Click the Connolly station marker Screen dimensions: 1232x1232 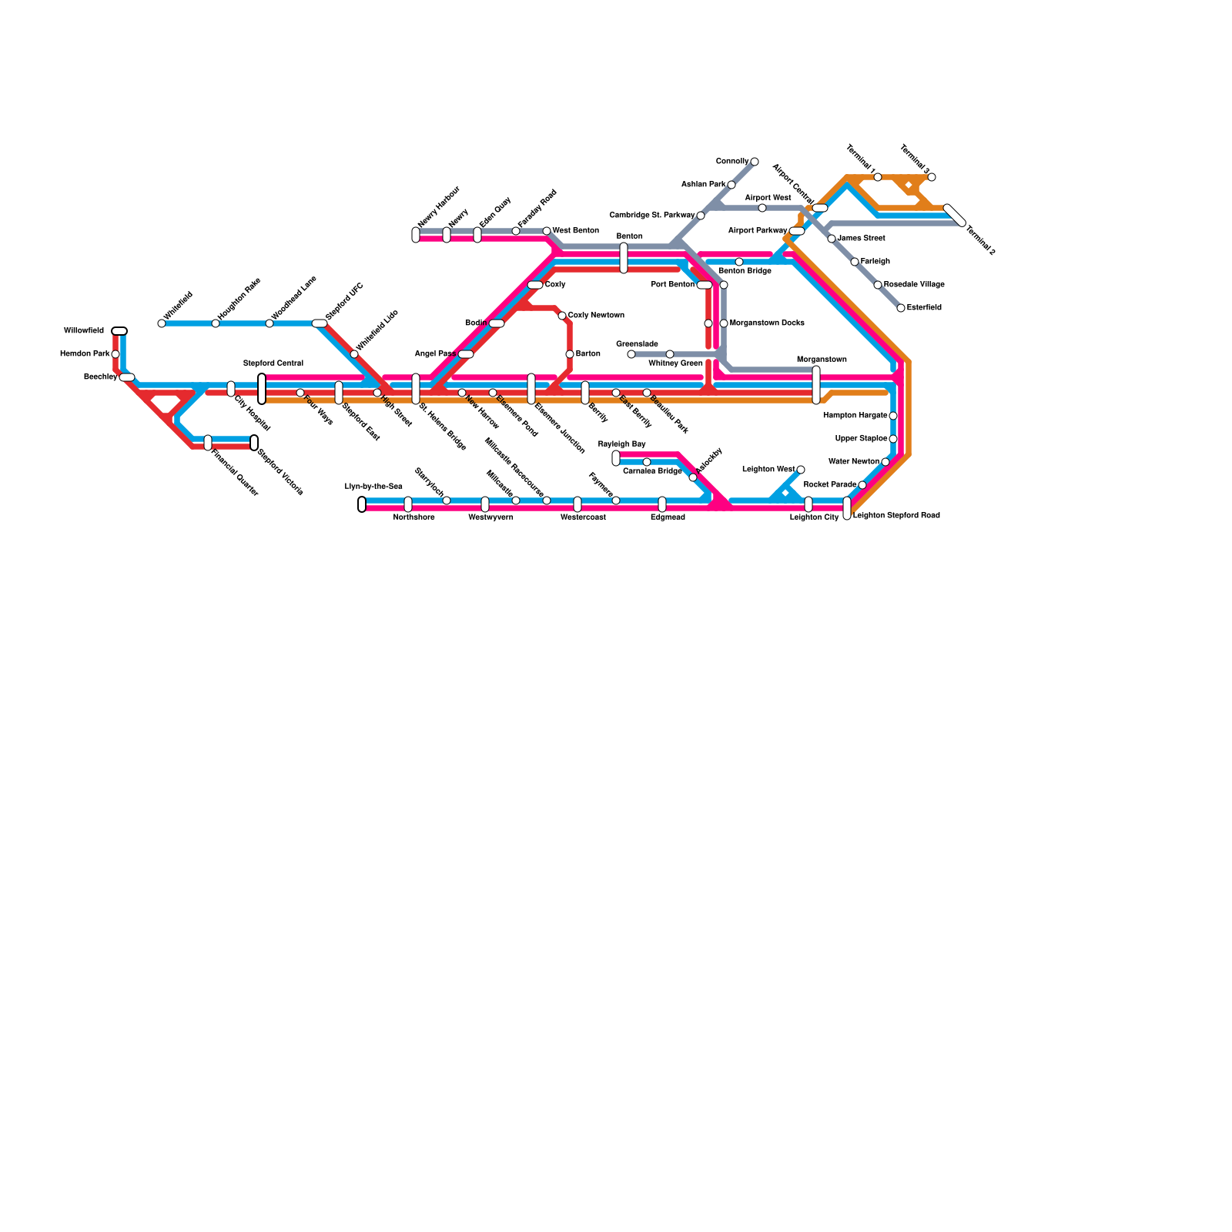[755, 162]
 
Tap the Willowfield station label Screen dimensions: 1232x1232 [84, 331]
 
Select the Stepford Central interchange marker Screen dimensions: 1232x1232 [262, 388]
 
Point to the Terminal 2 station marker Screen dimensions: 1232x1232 [955, 216]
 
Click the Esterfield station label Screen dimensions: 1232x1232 [924, 308]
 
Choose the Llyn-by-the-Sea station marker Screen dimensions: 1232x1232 [362, 504]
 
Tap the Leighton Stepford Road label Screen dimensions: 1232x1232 [896, 516]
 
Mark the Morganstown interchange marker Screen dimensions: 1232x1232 [816, 385]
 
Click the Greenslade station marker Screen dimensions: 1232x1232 [631, 354]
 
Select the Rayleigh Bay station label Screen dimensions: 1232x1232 [621, 444]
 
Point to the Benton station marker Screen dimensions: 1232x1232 [624, 258]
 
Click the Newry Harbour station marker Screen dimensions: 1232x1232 [416, 235]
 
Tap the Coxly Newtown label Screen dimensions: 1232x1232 [596, 316]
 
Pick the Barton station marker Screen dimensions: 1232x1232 [570, 354]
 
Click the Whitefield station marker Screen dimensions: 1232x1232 [161, 323]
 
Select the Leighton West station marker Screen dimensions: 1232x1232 [801, 470]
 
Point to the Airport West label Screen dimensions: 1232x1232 [768, 198]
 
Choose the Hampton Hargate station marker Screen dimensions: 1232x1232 [893, 416]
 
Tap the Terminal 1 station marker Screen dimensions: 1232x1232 [878, 177]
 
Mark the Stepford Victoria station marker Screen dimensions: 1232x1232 [254, 443]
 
